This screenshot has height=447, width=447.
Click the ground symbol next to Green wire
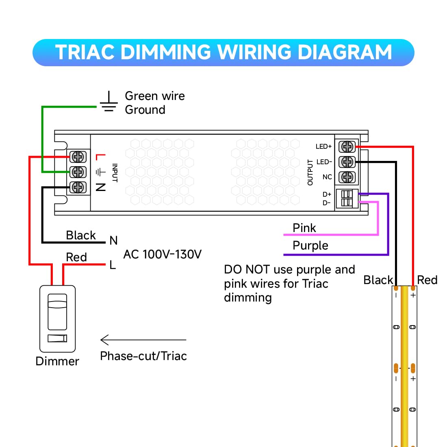pyautogui.click(x=108, y=102)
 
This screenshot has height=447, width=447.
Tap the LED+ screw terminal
pyautogui.click(x=347, y=147)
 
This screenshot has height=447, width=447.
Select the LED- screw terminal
pyautogui.click(x=347, y=162)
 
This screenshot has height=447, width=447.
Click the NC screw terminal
pyautogui.click(x=347, y=177)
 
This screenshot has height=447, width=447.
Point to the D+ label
pyautogui.click(x=327, y=194)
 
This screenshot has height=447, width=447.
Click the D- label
pyautogui.click(x=327, y=203)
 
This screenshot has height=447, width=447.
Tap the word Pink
pyautogui.click(x=304, y=228)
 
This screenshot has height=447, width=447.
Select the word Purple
pyautogui.click(x=310, y=245)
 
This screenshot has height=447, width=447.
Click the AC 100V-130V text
pyautogui.click(x=162, y=254)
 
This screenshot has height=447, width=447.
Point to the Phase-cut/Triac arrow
pyautogui.click(x=143, y=340)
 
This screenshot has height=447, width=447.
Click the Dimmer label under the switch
pyautogui.click(x=57, y=361)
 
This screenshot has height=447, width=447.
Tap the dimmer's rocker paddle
pyautogui.click(x=57, y=312)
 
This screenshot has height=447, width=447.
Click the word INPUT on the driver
pyautogui.click(x=115, y=173)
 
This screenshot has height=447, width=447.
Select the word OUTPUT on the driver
pyautogui.click(x=310, y=172)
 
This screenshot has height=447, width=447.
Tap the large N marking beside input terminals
pyautogui.click(x=101, y=187)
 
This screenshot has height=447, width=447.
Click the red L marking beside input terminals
pyautogui.click(x=101, y=156)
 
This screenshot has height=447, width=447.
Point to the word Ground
pyautogui.click(x=145, y=110)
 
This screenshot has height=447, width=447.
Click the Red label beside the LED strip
pyautogui.click(x=427, y=280)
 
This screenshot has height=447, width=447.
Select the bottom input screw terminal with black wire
pyautogui.click(x=78, y=187)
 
